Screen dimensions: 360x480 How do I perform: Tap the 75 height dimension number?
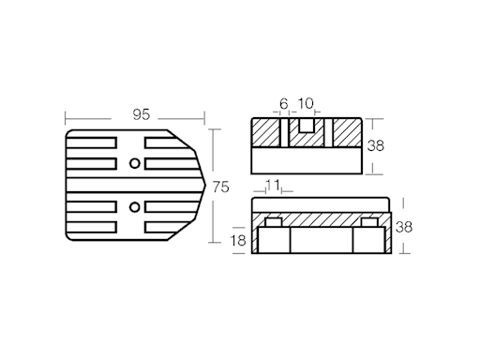coord(221,187)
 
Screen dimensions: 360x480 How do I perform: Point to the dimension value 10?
coord(306,103)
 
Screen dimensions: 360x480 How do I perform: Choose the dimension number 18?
coord(239,241)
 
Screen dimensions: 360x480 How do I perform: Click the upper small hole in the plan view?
coord(136,164)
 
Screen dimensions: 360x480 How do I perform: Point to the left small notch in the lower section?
coord(275,222)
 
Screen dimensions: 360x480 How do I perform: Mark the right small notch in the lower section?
coord(368,222)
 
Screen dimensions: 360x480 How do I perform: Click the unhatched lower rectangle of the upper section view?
coord(307,161)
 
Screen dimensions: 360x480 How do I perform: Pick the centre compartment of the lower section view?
coord(321,241)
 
